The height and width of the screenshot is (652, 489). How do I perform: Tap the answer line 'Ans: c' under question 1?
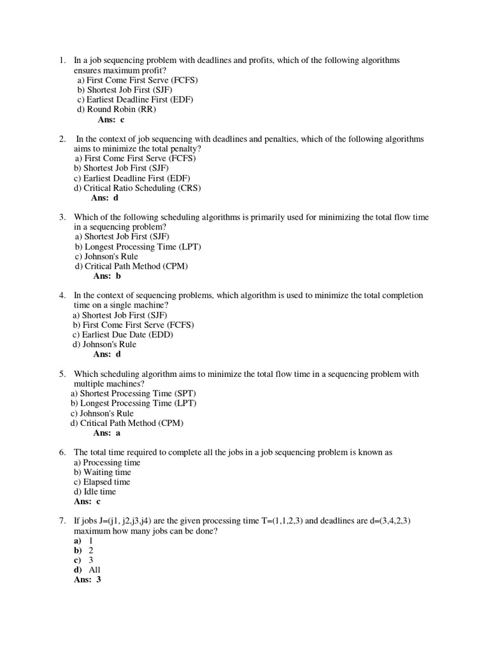111,119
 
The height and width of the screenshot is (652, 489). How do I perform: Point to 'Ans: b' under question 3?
107,276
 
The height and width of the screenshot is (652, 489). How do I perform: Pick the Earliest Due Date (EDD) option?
123,334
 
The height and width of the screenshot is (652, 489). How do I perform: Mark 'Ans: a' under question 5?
107,433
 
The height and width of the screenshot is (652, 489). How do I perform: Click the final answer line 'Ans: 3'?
88,580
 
